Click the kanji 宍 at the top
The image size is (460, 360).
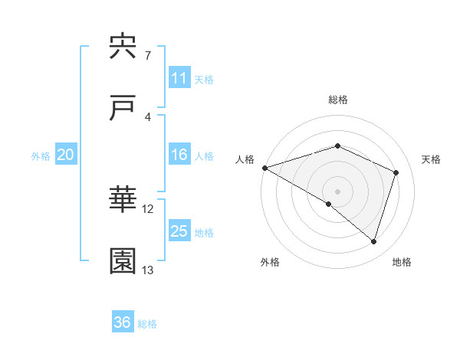click(x=123, y=47)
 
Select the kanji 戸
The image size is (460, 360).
click(x=123, y=108)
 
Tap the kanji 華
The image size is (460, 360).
click(x=123, y=200)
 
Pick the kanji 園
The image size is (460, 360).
click(x=123, y=261)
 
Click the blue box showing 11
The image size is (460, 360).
click(x=179, y=78)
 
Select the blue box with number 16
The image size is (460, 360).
click(x=179, y=155)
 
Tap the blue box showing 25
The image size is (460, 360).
click(x=179, y=232)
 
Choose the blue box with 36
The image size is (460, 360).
click(x=123, y=322)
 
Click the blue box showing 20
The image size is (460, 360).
click(x=65, y=155)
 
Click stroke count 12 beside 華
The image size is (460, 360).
click(x=148, y=208)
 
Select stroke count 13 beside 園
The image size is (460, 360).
click(x=148, y=270)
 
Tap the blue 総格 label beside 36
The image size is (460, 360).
click(x=147, y=324)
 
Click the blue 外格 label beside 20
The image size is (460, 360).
click(x=41, y=156)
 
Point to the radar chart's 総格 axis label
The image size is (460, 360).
click(x=337, y=100)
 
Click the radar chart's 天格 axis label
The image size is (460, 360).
click(x=432, y=159)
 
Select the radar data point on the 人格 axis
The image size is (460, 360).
click(x=264, y=167)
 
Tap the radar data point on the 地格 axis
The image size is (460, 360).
click(x=373, y=241)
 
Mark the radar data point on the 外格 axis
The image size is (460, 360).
click(x=329, y=204)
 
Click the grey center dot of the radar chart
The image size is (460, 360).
click(x=337, y=191)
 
